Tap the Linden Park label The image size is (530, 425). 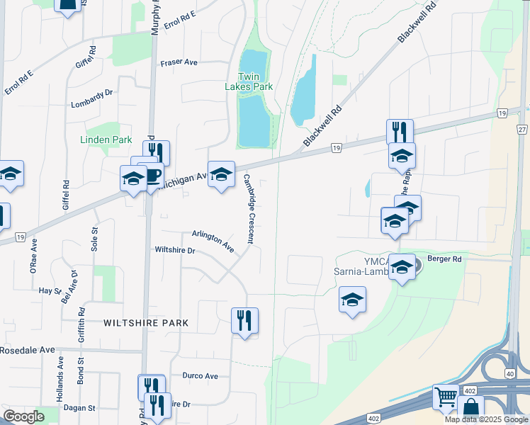(x=106, y=140)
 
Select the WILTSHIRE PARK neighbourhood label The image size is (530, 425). (x=146, y=323)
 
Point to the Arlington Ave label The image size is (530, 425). (x=213, y=241)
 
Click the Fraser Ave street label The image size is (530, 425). (x=179, y=62)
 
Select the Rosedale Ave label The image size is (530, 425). (x=28, y=350)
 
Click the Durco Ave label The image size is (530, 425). (x=200, y=375)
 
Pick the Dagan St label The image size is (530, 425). (x=79, y=408)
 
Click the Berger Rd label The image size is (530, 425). (x=444, y=259)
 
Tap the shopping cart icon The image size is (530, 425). (x=445, y=397)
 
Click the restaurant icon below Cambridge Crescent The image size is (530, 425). (x=244, y=320)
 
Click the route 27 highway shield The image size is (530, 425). (x=522, y=130)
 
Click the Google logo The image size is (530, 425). (x=23, y=417)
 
